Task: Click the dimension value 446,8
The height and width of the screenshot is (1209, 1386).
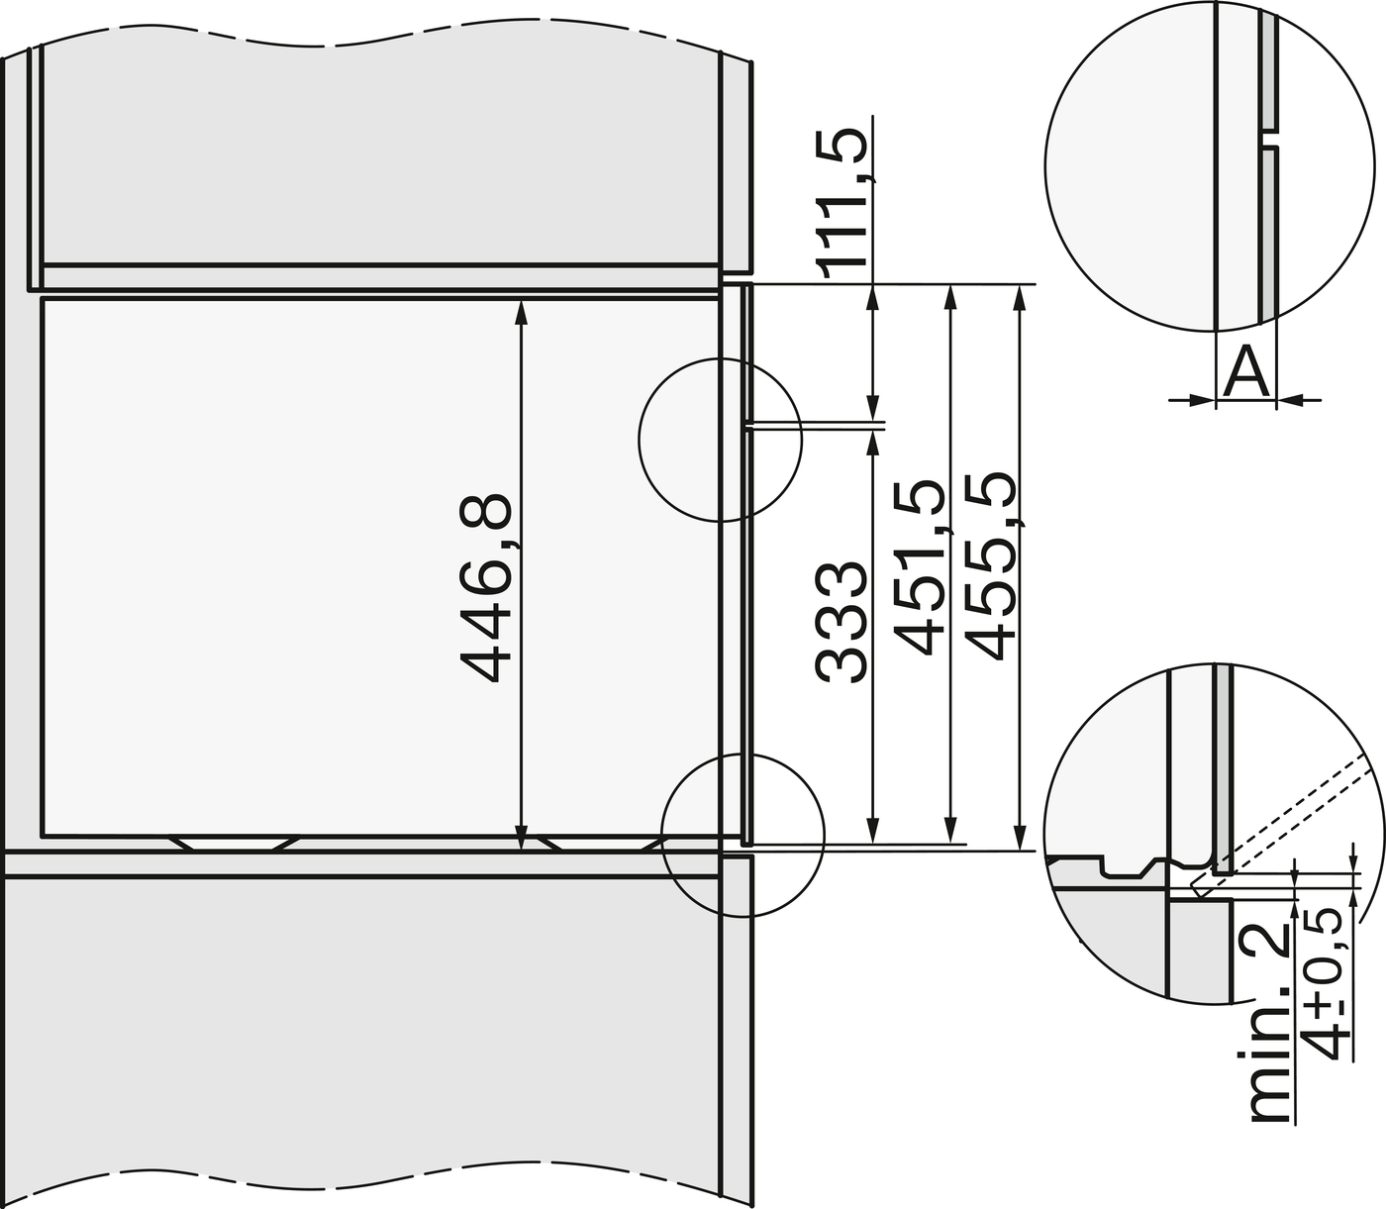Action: click(x=487, y=588)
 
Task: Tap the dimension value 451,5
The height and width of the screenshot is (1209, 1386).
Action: click(x=919, y=566)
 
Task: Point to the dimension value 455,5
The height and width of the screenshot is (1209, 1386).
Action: click(x=990, y=566)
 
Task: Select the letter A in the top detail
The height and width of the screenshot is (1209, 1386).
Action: click(x=1245, y=374)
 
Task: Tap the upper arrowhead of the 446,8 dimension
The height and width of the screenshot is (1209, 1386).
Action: click(x=522, y=309)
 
